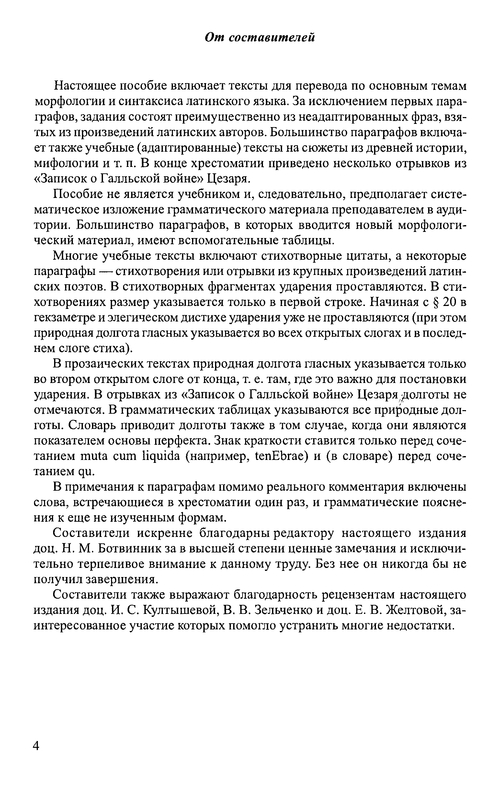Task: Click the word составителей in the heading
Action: point(272,38)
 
